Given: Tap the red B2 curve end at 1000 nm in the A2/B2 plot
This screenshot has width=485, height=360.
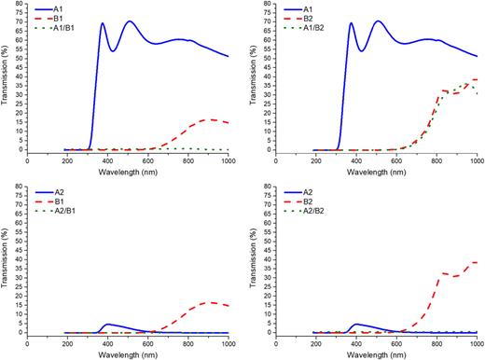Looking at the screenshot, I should [x=477, y=262].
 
